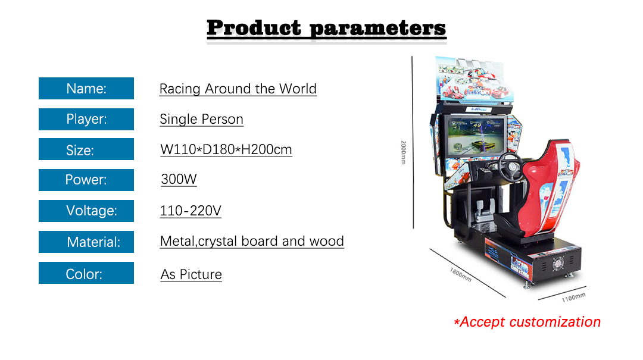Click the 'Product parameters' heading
click(326, 28)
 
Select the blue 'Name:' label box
click(86, 88)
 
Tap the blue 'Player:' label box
click(86, 119)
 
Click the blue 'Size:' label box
click(86, 149)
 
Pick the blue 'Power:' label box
click(86, 180)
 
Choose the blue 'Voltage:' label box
click(86, 211)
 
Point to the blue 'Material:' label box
click(86, 242)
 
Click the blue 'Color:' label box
click(86, 273)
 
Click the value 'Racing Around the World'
click(238, 89)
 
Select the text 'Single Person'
click(201, 120)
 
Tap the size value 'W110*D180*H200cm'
click(226, 150)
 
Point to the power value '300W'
click(179, 179)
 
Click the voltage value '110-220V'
click(191, 211)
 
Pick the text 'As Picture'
click(191, 274)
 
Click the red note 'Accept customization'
click(527, 322)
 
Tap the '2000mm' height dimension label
click(404, 152)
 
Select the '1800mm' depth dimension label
click(460, 275)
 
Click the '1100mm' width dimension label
click(574, 298)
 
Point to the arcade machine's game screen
click(476, 136)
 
